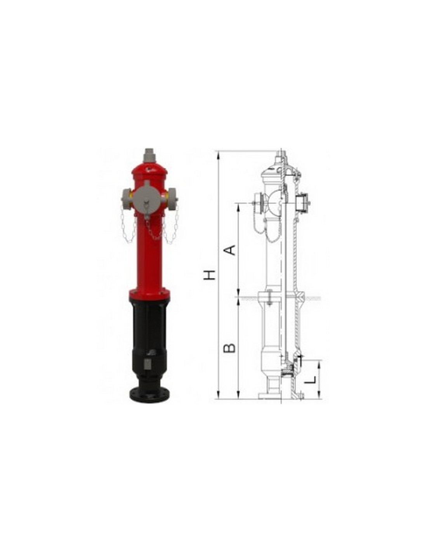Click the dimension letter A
229,250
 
